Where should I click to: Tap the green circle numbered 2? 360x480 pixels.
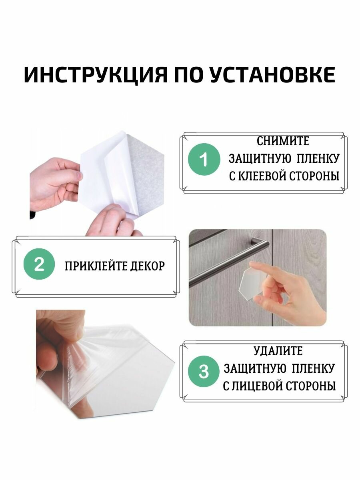[39, 265]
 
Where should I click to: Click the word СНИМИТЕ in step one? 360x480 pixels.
[282, 141]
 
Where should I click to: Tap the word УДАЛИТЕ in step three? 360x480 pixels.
[278, 351]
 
